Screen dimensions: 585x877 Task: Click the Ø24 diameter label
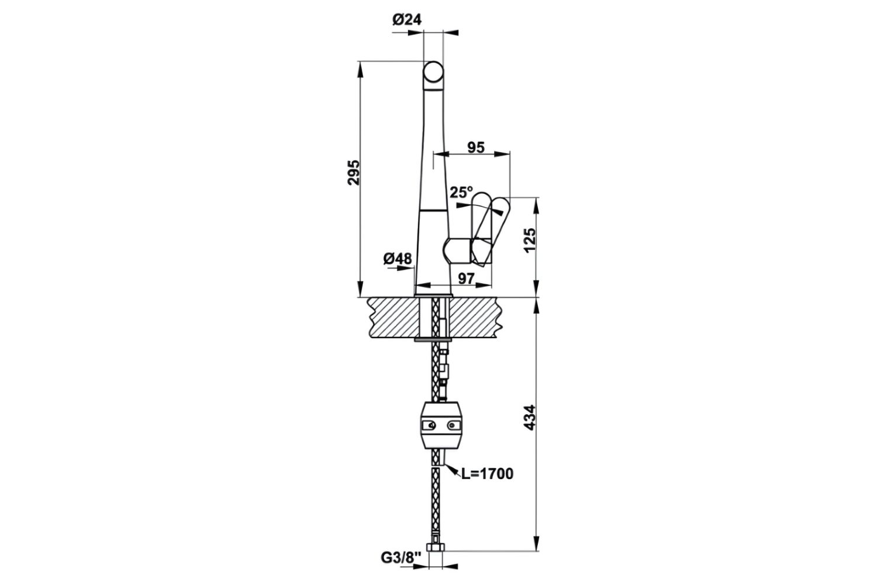406,20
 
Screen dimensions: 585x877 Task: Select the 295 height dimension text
353,172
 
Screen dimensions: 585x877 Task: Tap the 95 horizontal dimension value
476,147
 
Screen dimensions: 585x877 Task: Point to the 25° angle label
461,192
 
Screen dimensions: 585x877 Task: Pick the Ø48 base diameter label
398,259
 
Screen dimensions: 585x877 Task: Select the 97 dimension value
465,278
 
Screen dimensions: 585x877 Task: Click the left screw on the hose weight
431,426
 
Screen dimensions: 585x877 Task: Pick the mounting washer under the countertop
433,339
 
